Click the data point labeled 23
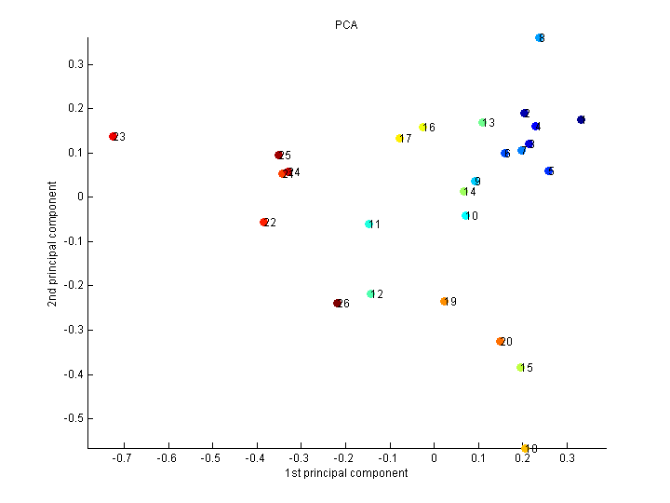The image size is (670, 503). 114,137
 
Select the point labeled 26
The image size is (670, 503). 338,303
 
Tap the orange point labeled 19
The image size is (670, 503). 444,301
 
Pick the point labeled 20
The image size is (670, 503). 501,342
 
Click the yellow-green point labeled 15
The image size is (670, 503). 521,368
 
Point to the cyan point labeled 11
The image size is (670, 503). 369,224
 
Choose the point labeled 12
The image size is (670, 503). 371,294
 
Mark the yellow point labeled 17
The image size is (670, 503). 400,139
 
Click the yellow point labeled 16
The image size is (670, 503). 423,128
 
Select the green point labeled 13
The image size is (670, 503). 482,123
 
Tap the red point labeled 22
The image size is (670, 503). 264,223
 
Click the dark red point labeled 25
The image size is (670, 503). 279,156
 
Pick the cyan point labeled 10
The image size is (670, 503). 465,216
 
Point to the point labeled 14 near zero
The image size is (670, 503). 463,192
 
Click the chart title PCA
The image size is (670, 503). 346,25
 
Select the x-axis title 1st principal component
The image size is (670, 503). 346,473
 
